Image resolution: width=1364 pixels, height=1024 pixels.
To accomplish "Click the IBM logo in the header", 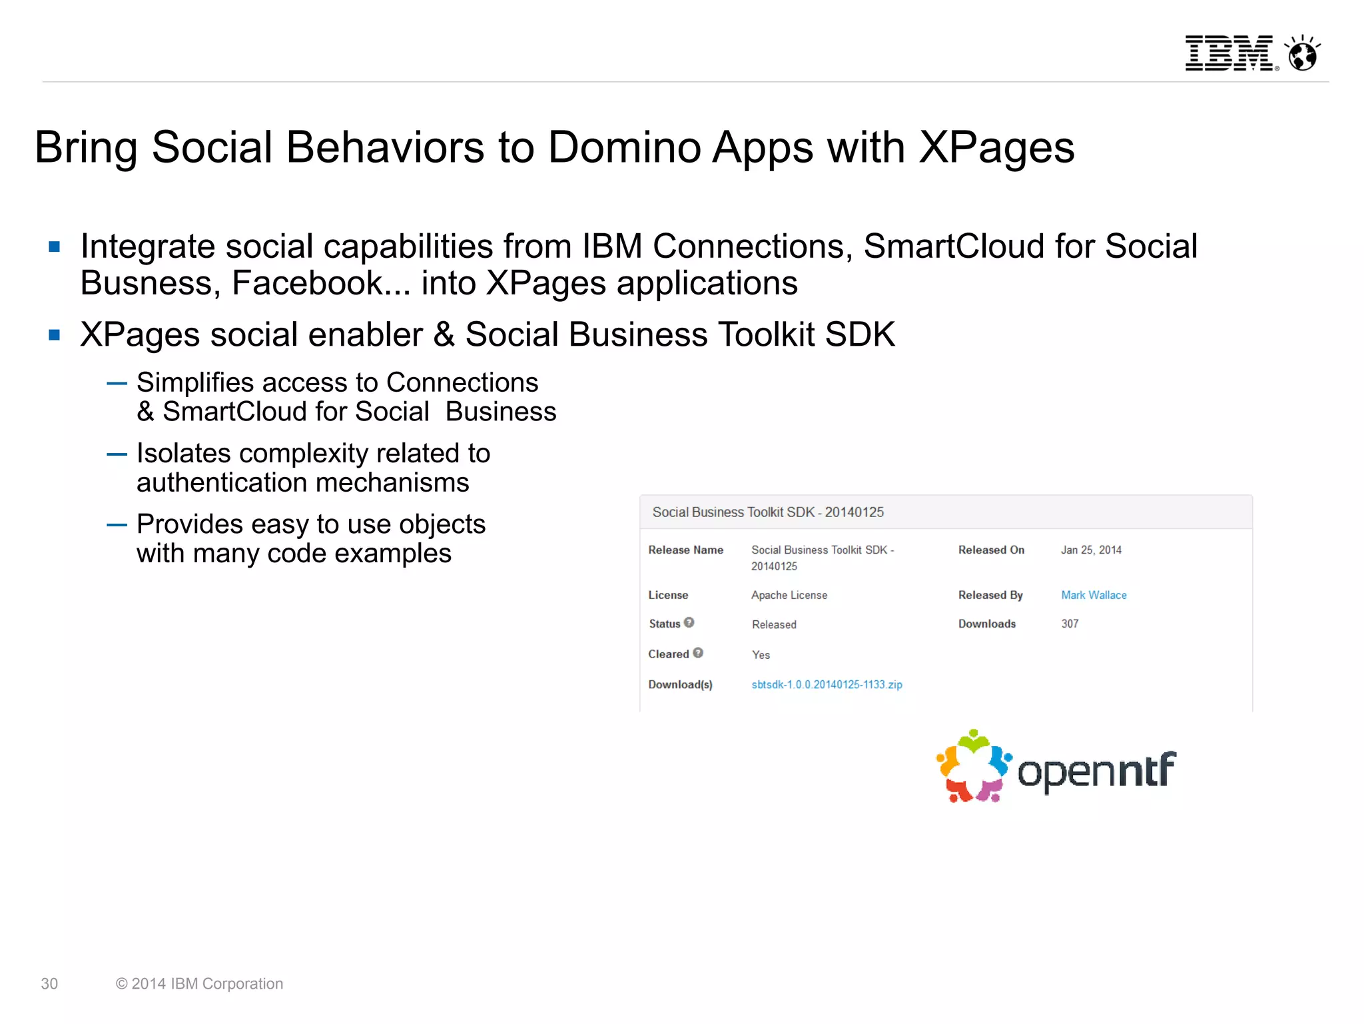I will click(1229, 53).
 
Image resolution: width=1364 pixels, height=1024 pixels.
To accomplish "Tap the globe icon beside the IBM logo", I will click(1303, 53).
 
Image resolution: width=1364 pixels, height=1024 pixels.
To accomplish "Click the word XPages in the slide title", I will click(996, 148).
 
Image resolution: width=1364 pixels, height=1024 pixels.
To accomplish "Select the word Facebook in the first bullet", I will click(308, 283).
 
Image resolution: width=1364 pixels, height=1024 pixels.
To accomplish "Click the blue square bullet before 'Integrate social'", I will click(55, 247).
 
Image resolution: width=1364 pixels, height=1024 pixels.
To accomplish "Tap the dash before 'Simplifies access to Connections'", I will click(117, 384).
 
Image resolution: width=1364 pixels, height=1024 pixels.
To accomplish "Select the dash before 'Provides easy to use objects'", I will click(117, 525).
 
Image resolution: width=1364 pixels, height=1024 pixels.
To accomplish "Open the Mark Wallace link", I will click(1094, 595).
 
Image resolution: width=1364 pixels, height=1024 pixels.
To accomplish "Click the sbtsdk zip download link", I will click(827, 684).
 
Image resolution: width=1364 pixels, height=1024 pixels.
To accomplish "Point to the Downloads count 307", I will click(1070, 624).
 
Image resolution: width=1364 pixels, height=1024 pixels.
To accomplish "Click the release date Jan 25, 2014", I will click(1091, 550).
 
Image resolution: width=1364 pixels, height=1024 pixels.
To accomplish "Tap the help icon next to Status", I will click(689, 622).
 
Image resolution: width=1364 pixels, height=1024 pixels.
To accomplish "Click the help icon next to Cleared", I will click(698, 653).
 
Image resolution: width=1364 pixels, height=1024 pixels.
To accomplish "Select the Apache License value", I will click(789, 595).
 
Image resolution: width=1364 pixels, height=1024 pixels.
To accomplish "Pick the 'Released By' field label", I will click(990, 595).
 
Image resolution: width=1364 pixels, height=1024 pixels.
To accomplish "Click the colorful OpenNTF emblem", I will click(974, 766).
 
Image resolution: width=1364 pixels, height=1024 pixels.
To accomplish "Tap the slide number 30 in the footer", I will click(49, 984).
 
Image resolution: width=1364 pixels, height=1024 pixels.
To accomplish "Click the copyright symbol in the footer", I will click(121, 984).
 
